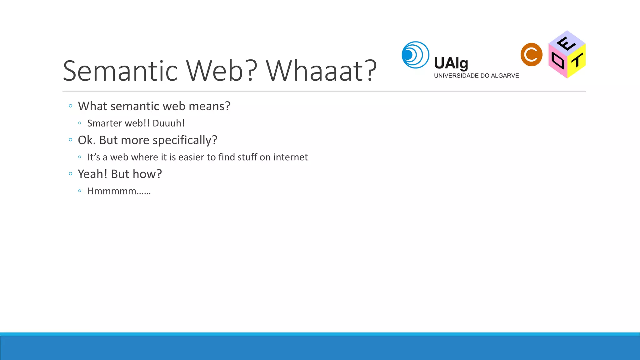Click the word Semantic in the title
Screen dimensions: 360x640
120,71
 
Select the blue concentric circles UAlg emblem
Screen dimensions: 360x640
415,55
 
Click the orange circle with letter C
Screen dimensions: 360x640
531,55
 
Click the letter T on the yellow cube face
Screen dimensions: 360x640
577,60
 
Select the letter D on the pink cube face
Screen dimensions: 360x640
558,60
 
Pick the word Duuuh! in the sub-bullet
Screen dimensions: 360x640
168,123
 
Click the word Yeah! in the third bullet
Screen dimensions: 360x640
92,174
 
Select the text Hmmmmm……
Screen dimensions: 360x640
119,191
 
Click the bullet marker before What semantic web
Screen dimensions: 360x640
71,106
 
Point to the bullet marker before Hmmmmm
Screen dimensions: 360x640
80,191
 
